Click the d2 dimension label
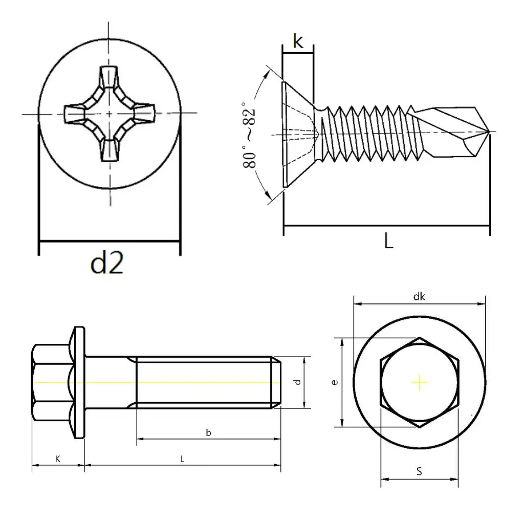pos(107,263)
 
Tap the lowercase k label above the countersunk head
pos(298,41)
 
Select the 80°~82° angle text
pos(250,135)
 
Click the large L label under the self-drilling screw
pos(389,241)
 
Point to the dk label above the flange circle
pos(419,297)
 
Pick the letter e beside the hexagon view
pos(335,382)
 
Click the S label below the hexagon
pos(419,471)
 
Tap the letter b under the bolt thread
pos(209,433)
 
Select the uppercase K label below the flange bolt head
pos(57,459)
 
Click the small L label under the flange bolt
pos(182,459)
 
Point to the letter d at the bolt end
pos(297,382)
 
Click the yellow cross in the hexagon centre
pos(420,383)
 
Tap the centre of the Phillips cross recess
pos(110,114)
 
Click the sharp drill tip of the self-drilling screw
pos(489,132)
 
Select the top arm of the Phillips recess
pos(110,77)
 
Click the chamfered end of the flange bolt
pos(276,382)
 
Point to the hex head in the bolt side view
pos(50,382)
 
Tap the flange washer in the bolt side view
pos(79,382)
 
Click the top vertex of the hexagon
pos(420,337)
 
